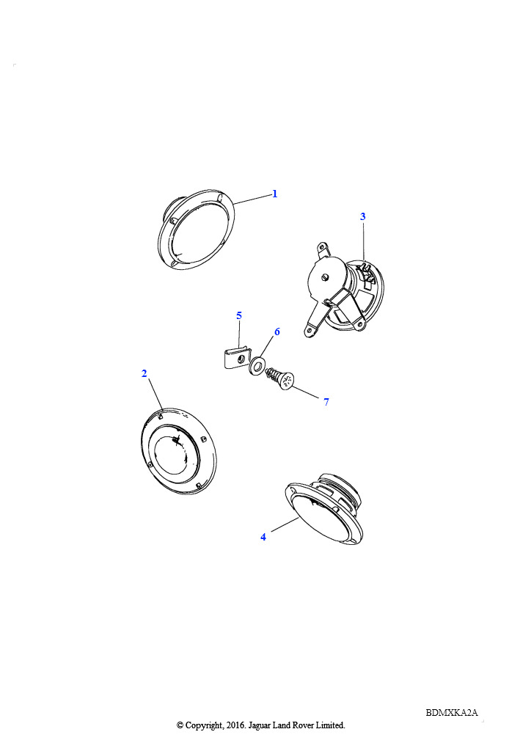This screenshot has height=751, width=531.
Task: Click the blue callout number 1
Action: coord(275,194)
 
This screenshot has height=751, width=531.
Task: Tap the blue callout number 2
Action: coord(144,373)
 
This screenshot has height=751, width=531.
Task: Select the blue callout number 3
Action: coord(363,216)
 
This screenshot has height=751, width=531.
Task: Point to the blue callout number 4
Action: coord(263,538)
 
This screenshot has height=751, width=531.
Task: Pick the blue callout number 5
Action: coord(239,315)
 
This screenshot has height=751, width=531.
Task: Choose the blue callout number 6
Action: coord(277,332)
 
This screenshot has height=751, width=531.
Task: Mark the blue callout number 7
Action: coord(326,402)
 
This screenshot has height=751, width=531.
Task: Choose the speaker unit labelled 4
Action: coord(323,510)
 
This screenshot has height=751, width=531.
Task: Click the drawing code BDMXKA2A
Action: coord(452,713)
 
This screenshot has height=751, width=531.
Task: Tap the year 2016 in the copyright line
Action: coord(235,725)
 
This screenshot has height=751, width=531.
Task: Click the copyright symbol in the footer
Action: coord(180,725)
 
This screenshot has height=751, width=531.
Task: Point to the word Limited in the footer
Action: coord(330,725)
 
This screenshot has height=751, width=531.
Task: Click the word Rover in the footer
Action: coord(301,725)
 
